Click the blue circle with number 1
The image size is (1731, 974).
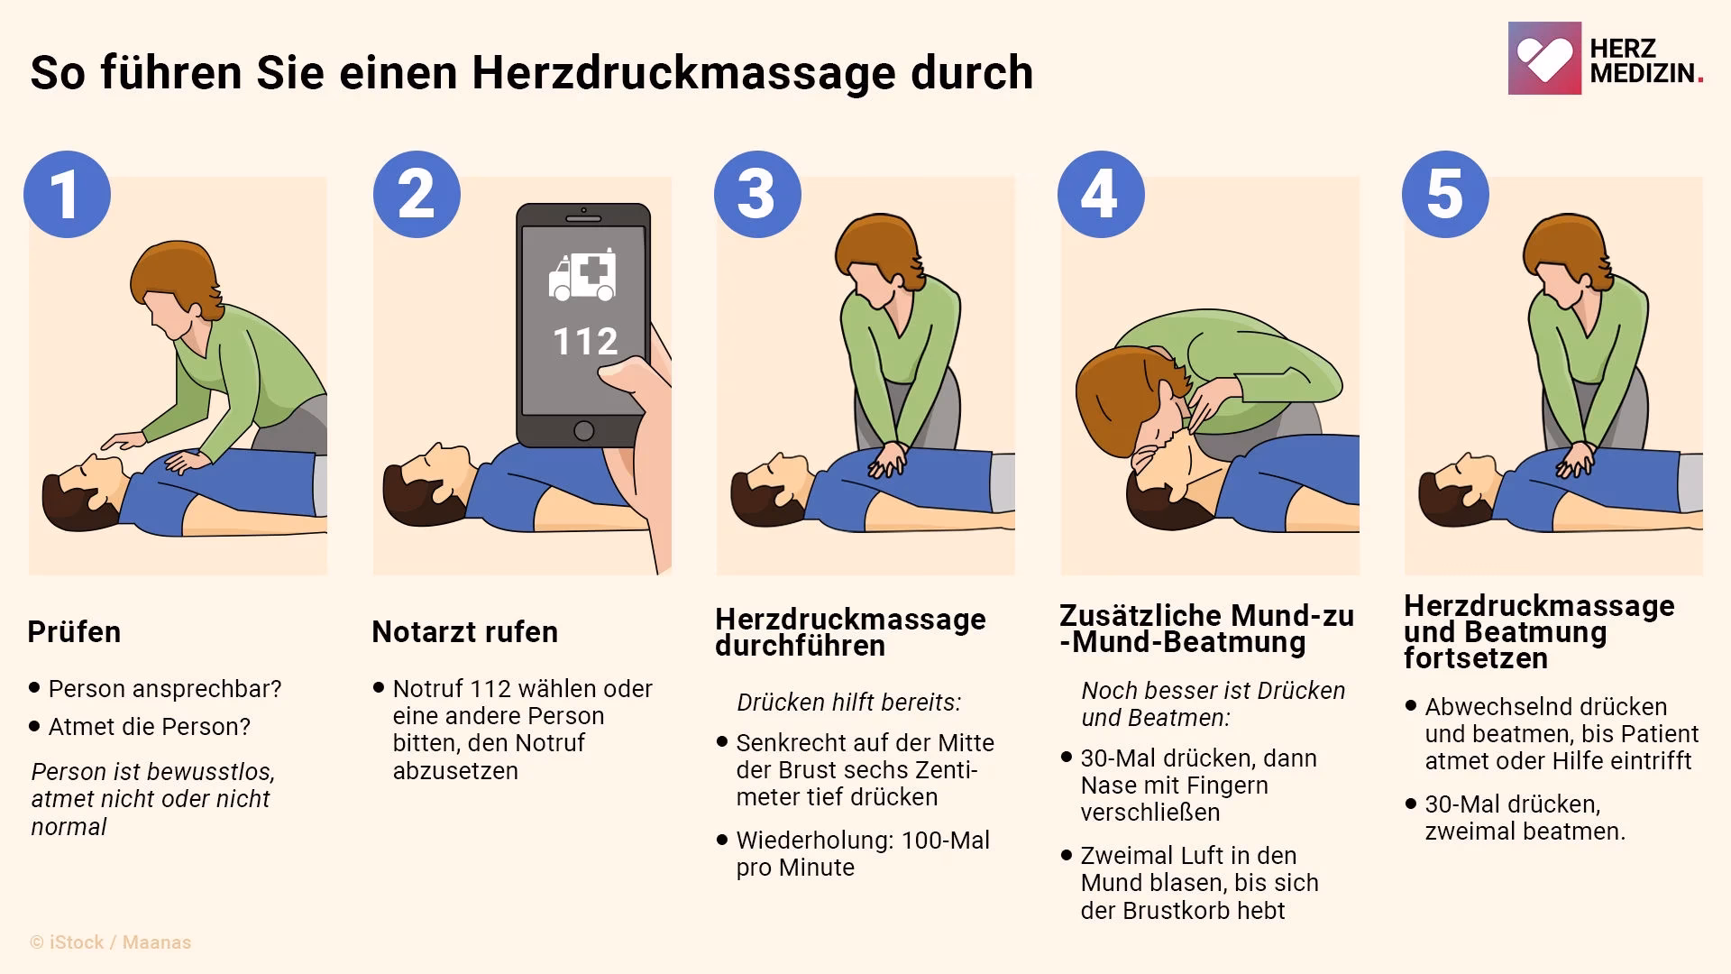[x=67, y=194]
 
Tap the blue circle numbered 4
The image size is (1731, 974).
[x=1100, y=194]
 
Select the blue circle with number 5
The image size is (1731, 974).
[x=1445, y=194]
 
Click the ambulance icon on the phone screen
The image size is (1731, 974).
[x=583, y=275]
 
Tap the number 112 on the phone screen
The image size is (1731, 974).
[x=585, y=342]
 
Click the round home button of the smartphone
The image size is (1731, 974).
[x=583, y=430]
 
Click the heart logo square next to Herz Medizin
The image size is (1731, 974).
[x=1543, y=59]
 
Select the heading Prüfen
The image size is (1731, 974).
[x=74, y=631]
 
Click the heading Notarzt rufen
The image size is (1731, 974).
[x=464, y=631]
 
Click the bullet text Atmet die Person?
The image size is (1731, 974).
[x=150, y=726]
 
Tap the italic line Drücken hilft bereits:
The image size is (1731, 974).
[x=848, y=703]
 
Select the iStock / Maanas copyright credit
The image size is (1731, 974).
[x=111, y=942]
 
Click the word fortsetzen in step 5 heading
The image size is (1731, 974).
[x=1475, y=658]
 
